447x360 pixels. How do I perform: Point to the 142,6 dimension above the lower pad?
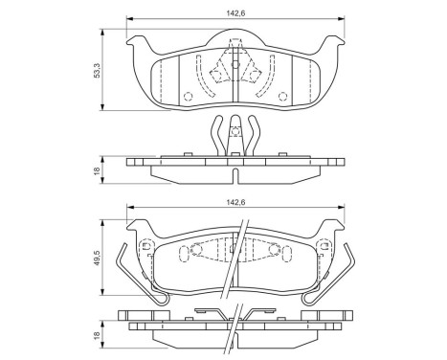(233, 204)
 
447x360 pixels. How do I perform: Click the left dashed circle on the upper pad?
(188, 97)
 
